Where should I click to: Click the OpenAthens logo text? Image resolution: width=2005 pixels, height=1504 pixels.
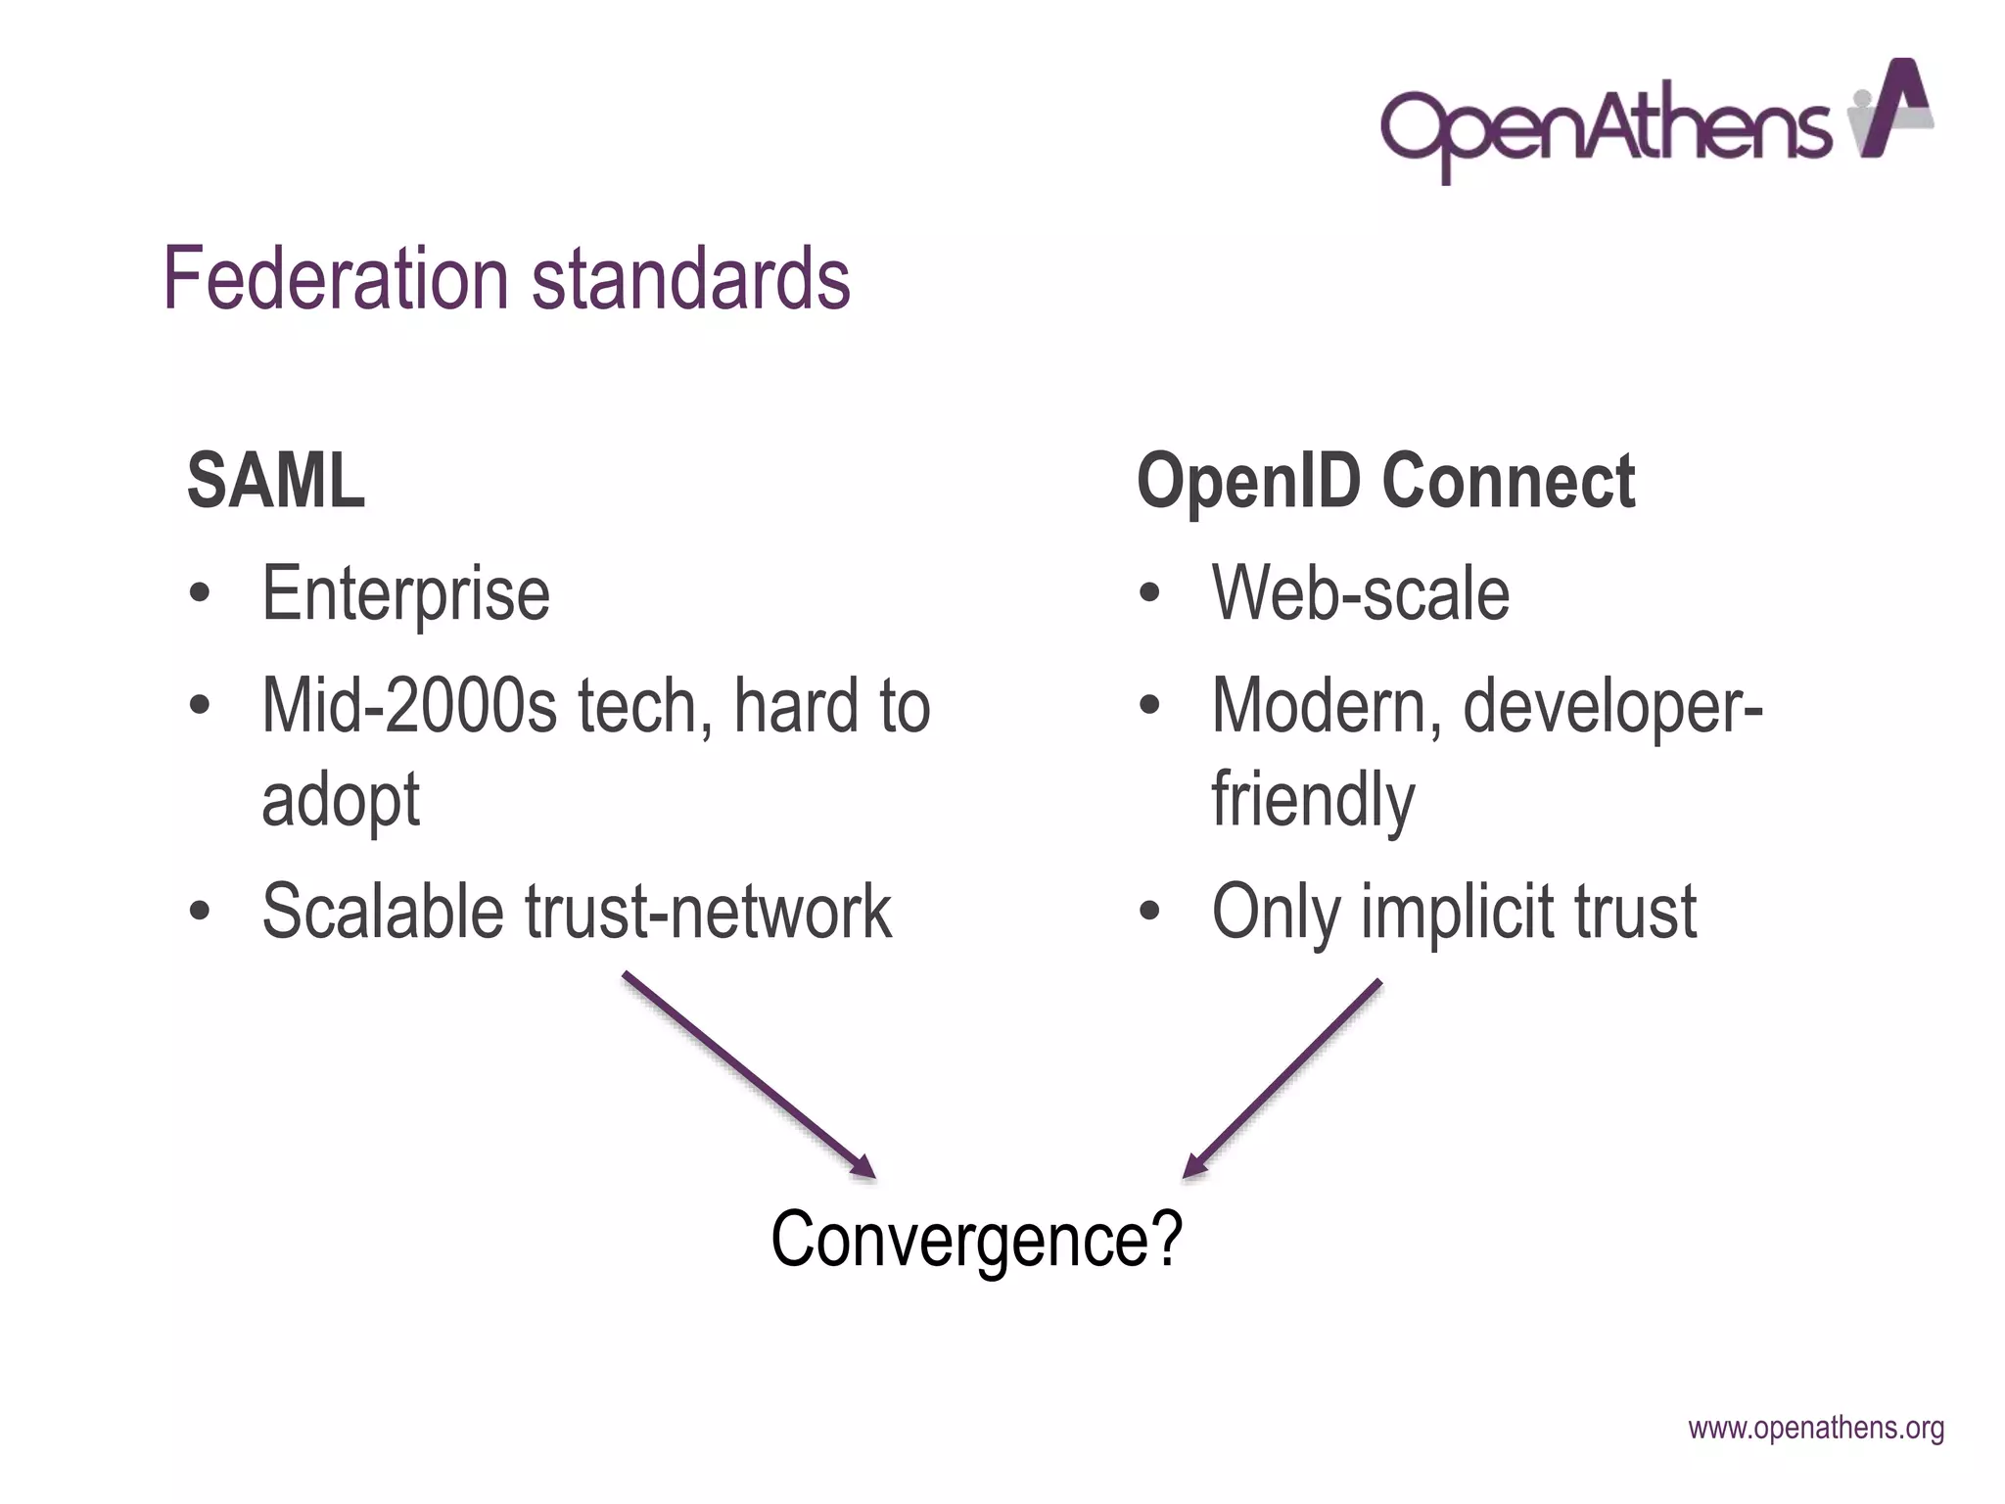[x=1606, y=127]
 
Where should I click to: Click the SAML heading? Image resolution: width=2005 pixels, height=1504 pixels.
[x=276, y=481]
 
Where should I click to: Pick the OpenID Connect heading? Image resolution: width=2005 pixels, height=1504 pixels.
[x=1385, y=481]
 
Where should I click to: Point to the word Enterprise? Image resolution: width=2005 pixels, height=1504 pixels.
[x=405, y=594]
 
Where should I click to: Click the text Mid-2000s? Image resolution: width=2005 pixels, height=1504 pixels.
[x=409, y=706]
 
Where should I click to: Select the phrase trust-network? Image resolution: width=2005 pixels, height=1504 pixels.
[x=709, y=912]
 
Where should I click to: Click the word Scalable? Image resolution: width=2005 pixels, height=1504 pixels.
[x=383, y=912]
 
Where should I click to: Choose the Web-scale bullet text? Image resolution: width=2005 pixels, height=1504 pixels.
[x=1361, y=594]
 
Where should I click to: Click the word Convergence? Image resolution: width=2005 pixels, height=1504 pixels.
[x=977, y=1240]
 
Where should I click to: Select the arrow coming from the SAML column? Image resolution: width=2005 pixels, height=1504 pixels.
[x=749, y=1074]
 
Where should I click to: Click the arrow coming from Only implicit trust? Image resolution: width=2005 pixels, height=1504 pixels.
[x=1282, y=1077]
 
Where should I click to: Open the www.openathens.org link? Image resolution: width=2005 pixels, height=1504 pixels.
[x=1816, y=1429]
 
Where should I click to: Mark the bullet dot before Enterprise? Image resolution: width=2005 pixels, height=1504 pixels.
[x=201, y=593]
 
